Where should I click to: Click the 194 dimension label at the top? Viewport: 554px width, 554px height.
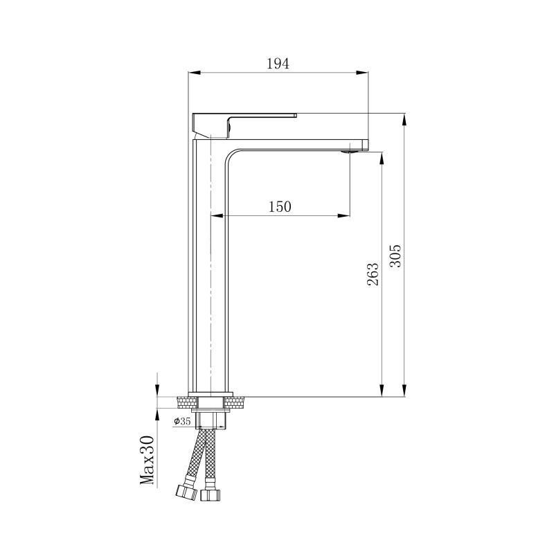click(x=278, y=64)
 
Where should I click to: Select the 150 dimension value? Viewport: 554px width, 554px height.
click(x=280, y=206)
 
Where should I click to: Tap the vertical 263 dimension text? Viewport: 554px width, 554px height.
click(x=373, y=274)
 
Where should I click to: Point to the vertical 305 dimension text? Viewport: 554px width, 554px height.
click(x=395, y=256)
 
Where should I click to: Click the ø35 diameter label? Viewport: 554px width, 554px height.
click(x=181, y=421)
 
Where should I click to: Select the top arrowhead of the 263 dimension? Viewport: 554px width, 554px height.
click(x=381, y=159)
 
